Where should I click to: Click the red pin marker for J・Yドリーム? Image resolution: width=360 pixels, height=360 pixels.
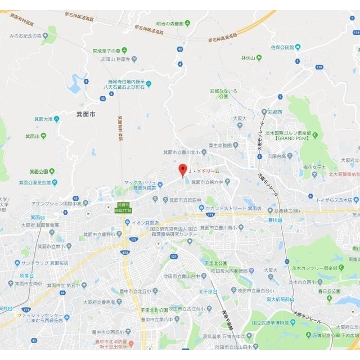point(182,170)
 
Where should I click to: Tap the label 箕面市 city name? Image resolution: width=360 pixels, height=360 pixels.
point(87,114)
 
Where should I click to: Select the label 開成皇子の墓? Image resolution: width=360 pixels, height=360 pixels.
point(110,50)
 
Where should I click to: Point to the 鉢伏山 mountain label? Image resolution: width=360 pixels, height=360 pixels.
point(248,57)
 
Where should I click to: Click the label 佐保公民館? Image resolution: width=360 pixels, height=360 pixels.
point(286,47)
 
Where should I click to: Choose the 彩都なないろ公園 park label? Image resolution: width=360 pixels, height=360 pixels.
point(223,93)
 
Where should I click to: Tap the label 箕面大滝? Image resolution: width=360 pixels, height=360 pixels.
point(43,119)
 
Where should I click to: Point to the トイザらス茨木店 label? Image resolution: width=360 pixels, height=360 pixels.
point(337,200)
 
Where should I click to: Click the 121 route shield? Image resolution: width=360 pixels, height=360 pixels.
point(174,257)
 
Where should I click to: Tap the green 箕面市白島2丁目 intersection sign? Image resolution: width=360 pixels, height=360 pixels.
point(123,207)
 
